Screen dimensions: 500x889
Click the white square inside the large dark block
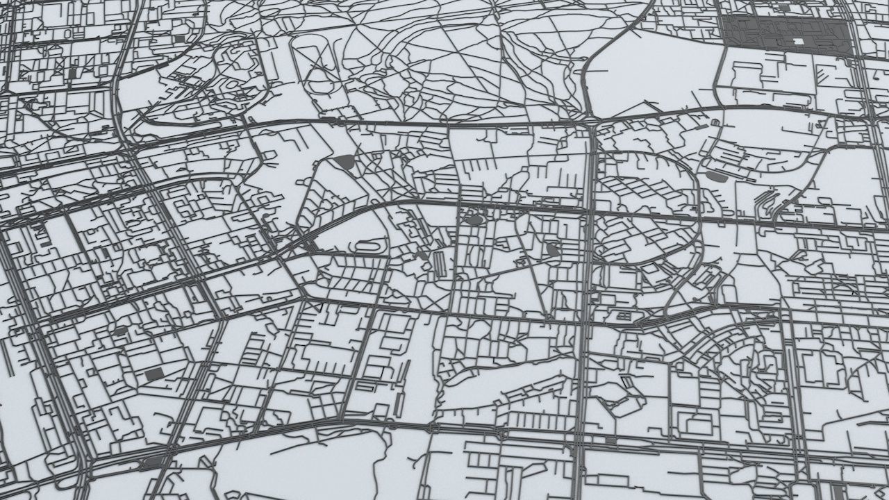(x=798, y=42)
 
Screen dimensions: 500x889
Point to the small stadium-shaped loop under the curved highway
(x=368, y=246)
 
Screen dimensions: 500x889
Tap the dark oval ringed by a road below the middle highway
(x=475, y=220)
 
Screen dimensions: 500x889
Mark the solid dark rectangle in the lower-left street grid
(x=153, y=375)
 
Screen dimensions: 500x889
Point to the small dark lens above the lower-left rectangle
(x=119, y=331)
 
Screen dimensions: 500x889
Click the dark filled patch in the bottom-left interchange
(x=153, y=460)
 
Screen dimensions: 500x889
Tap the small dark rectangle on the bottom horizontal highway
(x=610, y=440)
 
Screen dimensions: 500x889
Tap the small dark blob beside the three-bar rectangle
(x=423, y=256)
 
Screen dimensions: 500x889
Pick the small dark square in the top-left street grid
(x=180, y=38)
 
